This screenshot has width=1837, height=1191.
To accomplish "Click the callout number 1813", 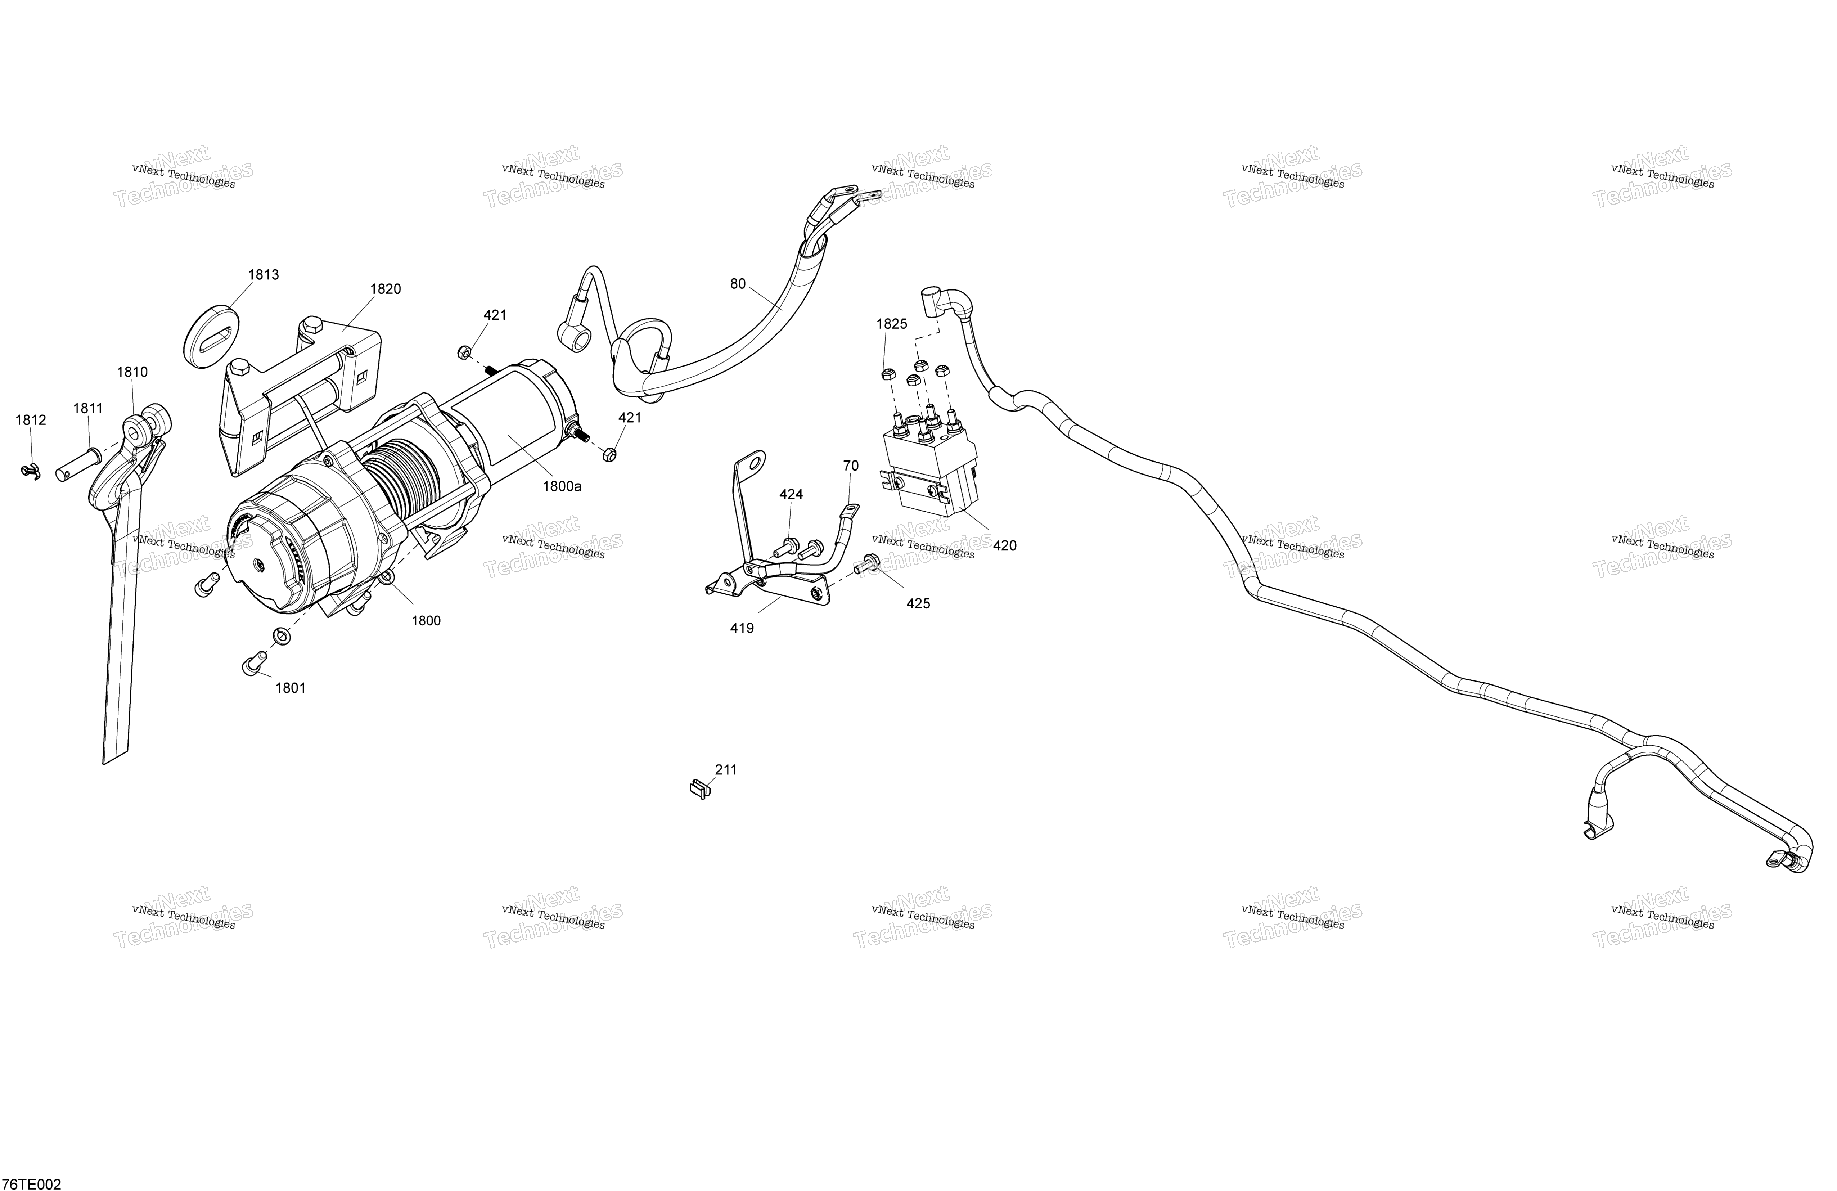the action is (x=263, y=275).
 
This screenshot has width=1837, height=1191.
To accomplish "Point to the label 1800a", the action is (x=562, y=486).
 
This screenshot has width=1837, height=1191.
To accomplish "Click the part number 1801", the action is (x=291, y=688).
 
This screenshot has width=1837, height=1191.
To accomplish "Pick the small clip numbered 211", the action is (x=698, y=790).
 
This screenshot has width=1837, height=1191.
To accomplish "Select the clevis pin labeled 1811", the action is (x=79, y=466).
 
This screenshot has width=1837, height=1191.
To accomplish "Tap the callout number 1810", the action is (x=132, y=372).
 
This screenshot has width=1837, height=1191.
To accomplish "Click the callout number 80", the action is (x=738, y=284).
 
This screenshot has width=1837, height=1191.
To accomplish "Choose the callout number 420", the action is (x=1005, y=546).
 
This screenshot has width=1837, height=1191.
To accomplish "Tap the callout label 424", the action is (x=791, y=495).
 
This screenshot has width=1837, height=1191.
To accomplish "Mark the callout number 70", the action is (x=851, y=466).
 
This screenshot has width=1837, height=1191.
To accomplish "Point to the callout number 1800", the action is (x=426, y=621).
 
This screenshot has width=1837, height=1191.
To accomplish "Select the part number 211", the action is (x=726, y=769).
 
